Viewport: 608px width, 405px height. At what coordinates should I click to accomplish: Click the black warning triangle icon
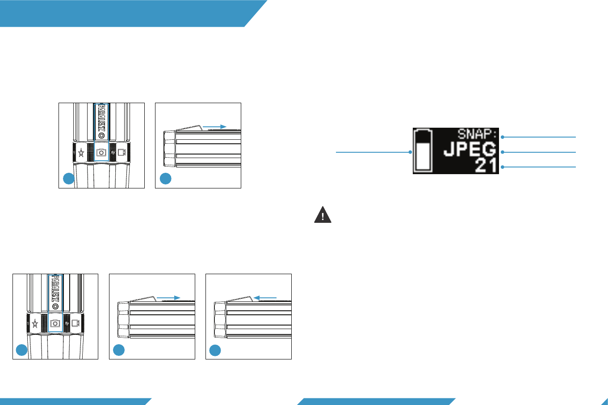click(323, 215)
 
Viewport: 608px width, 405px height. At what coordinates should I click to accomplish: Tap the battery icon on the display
click(423, 150)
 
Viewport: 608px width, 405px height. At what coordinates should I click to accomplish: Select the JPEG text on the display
click(470, 150)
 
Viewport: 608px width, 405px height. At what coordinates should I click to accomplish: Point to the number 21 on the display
click(486, 166)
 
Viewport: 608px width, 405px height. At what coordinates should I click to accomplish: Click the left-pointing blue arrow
click(265, 297)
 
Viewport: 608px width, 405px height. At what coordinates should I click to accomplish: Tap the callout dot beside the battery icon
click(410, 152)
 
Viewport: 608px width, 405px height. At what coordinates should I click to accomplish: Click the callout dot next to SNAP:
click(503, 137)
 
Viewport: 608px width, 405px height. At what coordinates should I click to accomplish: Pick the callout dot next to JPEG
click(503, 152)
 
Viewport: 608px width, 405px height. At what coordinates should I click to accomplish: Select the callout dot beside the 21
click(503, 167)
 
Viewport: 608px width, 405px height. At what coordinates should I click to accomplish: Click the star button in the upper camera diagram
click(81, 152)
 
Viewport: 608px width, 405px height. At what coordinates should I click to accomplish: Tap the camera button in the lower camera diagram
click(55, 323)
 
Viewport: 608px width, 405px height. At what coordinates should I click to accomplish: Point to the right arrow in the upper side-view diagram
click(214, 127)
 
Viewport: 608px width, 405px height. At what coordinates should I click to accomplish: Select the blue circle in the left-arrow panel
click(215, 351)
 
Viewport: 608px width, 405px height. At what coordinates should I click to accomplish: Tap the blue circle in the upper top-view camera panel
click(68, 179)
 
